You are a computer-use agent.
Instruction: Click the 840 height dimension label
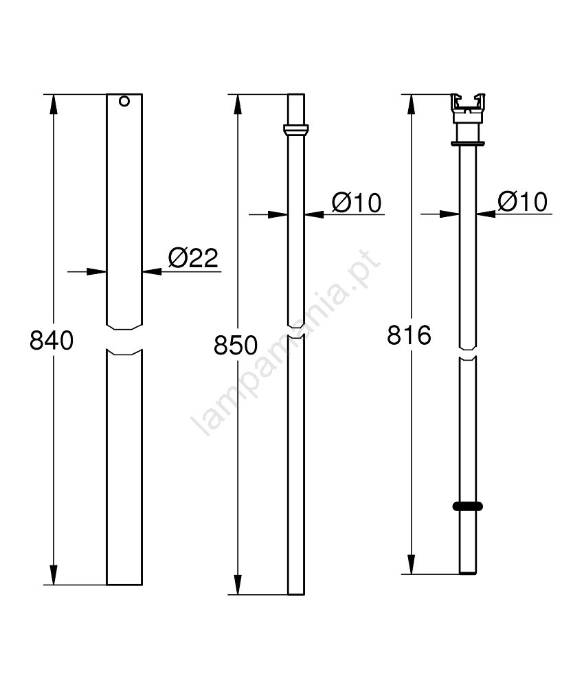(x=52, y=341)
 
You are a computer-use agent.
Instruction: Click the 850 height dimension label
(x=236, y=346)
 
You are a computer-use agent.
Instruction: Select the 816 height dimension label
(x=409, y=335)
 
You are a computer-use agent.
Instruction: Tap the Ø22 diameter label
(x=193, y=258)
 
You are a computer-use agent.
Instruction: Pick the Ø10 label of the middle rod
(x=357, y=203)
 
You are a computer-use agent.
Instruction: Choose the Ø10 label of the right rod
(x=523, y=201)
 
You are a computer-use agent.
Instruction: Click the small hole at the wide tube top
(x=124, y=101)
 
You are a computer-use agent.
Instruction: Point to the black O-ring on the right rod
(x=468, y=506)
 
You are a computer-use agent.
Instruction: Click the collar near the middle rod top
(x=296, y=130)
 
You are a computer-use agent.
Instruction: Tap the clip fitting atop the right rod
(x=468, y=108)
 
